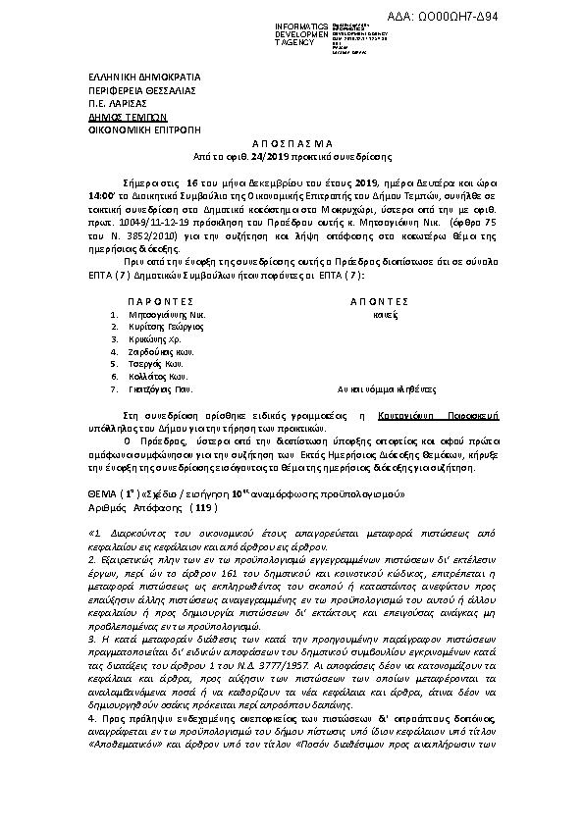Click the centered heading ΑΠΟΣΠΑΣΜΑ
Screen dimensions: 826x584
tap(292, 143)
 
